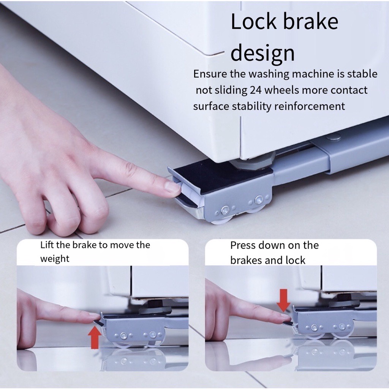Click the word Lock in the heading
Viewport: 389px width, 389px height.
pos(253,21)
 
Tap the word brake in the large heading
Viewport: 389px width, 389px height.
pos(311,21)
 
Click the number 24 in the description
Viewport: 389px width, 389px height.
pos(256,90)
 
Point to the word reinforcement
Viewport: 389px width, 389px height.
pos(310,106)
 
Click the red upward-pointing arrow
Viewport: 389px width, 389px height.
pos(95,337)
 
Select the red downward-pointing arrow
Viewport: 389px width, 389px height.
pos(283,300)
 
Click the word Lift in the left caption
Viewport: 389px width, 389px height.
pos(47,245)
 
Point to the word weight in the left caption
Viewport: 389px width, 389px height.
pos(55,259)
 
